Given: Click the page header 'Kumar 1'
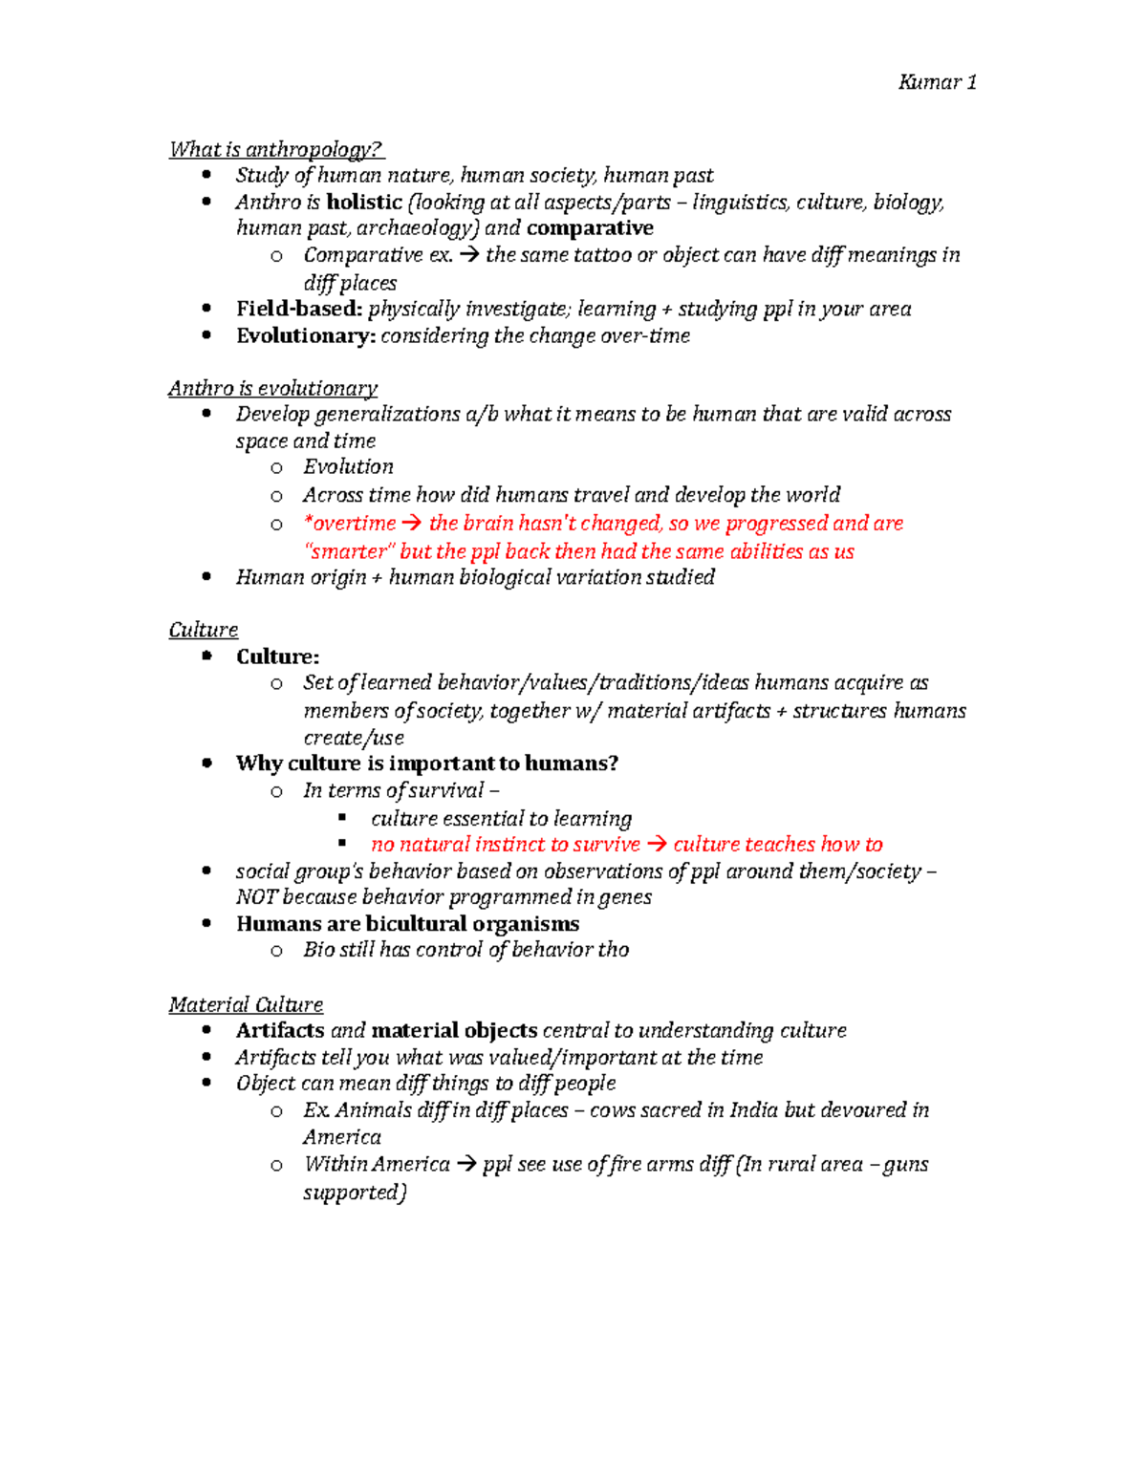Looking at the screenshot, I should pos(937,82).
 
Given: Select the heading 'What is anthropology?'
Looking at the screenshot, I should pos(275,149).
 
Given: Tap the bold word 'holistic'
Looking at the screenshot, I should pos(364,202).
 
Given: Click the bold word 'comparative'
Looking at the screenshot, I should pos(590,227).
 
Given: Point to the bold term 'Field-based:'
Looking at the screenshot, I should pos(299,309).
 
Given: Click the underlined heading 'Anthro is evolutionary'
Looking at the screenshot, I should pos(272,388).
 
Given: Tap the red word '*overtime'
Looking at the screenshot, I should pos(349,523).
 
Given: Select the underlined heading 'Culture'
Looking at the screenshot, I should pos(204,630).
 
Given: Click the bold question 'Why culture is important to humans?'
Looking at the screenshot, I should pos(427,763).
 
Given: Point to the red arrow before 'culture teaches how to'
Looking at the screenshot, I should pos(657,845).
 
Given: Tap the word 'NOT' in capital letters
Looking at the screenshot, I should pos(256,896).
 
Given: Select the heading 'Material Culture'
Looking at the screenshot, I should pos(246,1004).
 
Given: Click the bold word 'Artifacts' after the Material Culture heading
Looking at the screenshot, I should pos(280,1030).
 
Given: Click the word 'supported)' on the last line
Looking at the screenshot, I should pos(355,1193).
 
